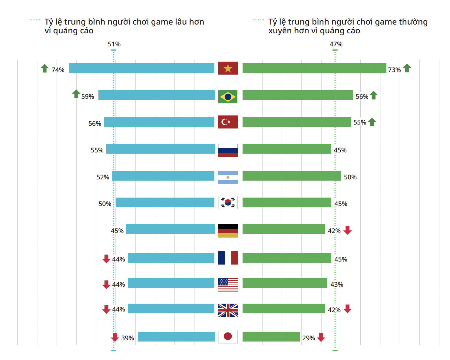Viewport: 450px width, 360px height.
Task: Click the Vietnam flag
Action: [x=228, y=68]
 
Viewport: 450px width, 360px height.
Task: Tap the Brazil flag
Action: [x=228, y=97]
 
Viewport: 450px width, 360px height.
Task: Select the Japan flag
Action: [x=228, y=336]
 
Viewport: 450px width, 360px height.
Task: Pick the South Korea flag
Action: [x=228, y=202]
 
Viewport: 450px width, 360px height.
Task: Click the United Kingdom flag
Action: [x=228, y=310]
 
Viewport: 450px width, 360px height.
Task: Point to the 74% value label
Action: [x=58, y=70]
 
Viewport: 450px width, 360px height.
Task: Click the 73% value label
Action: [x=394, y=70]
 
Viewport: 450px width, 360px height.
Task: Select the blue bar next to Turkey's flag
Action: [x=159, y=122]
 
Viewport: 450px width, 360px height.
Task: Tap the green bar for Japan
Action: [x=271, y=337]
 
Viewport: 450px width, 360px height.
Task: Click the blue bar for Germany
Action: [x=170, y=229]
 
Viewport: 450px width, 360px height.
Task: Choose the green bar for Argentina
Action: [x=292, y=176]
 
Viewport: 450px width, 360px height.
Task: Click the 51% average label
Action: [x=114, y=44]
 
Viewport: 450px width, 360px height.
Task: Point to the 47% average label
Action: [x=336, y=44]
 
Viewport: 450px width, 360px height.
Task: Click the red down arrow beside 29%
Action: [x=321, y=337]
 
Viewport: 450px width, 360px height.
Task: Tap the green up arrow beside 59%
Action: [x=76, y=94]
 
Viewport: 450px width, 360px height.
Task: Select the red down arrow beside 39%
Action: [x=115, y=337]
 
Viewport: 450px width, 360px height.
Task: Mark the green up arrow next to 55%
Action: [x=372, y=122]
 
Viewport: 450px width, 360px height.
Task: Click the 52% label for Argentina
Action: [x=103, y=177]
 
